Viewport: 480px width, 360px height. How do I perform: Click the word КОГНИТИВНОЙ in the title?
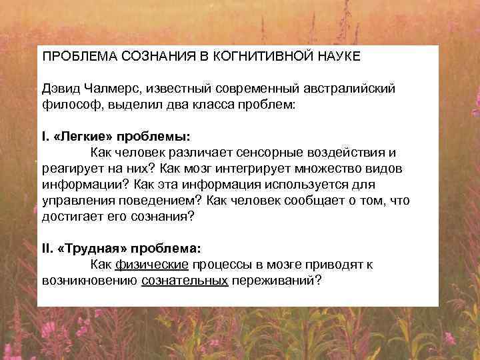point(253,57)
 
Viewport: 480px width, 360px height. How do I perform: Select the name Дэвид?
point(61,89)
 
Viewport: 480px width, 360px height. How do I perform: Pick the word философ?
point(67,105)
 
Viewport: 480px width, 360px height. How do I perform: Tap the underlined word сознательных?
point(185,281)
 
